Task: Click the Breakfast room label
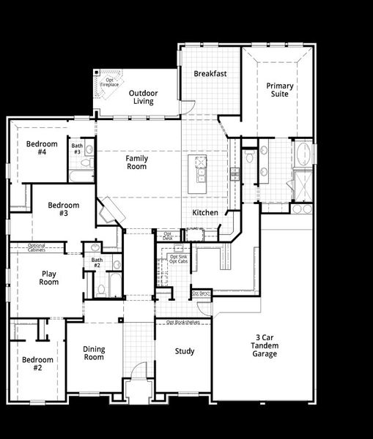(210, 74)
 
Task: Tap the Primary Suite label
(280, 91)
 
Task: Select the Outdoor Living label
(143, 97)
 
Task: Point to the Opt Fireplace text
(109, 83)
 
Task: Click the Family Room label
(136, 162)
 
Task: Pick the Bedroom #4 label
(37, 148)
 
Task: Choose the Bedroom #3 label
(64, 209)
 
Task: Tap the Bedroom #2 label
(37, 364)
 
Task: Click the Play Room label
(49, 278)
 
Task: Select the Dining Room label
(94, 353)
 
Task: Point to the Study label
(185, 351)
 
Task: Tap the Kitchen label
(205, 213)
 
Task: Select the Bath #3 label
(77, 149)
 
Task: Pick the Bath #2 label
(96, 263)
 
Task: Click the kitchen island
(197, 174)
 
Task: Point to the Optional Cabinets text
(37, 247)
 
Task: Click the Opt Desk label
(168, 236)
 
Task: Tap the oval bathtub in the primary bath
(303, 155)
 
